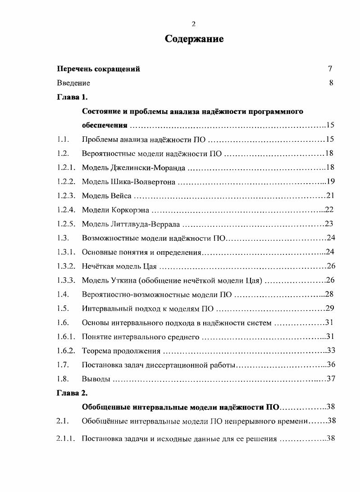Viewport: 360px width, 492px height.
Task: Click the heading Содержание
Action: coord(194,39)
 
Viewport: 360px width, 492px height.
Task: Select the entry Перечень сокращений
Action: coord(98,69)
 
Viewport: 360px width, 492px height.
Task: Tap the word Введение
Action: coord(73,83)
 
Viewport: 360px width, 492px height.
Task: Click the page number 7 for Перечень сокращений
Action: coord(330,69)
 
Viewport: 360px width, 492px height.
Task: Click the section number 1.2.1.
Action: coord(66,168)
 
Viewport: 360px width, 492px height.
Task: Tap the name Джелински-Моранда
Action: coord(148,168)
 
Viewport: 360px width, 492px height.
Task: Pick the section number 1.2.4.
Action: coord(66,210)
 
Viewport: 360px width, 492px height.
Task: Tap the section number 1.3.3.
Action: coord(66,280)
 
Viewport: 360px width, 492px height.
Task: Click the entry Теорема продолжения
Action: coord(121,350)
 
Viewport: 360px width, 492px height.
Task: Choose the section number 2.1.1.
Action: coord(66,439)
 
